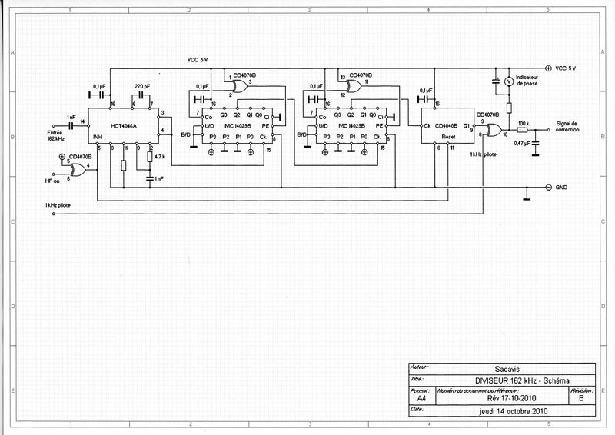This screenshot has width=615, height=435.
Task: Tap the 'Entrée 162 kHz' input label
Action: (x=56, y=134)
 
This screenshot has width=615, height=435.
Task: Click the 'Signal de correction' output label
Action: (x=570, y=126)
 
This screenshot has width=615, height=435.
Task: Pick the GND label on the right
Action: (x=565, y=188)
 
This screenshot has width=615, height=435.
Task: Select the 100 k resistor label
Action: (x=523, y=123)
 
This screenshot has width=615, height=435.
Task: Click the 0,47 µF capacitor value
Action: (x=522, y=143)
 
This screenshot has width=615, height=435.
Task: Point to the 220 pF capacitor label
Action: (x=142, y=85)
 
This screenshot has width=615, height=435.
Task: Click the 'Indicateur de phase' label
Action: (x=532, y=81)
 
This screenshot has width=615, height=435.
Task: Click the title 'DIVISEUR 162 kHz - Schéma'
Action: (x=500, y=380)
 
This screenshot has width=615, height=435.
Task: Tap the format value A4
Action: (x=421, y=399)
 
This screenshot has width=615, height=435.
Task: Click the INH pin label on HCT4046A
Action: (x=97, y=138)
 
